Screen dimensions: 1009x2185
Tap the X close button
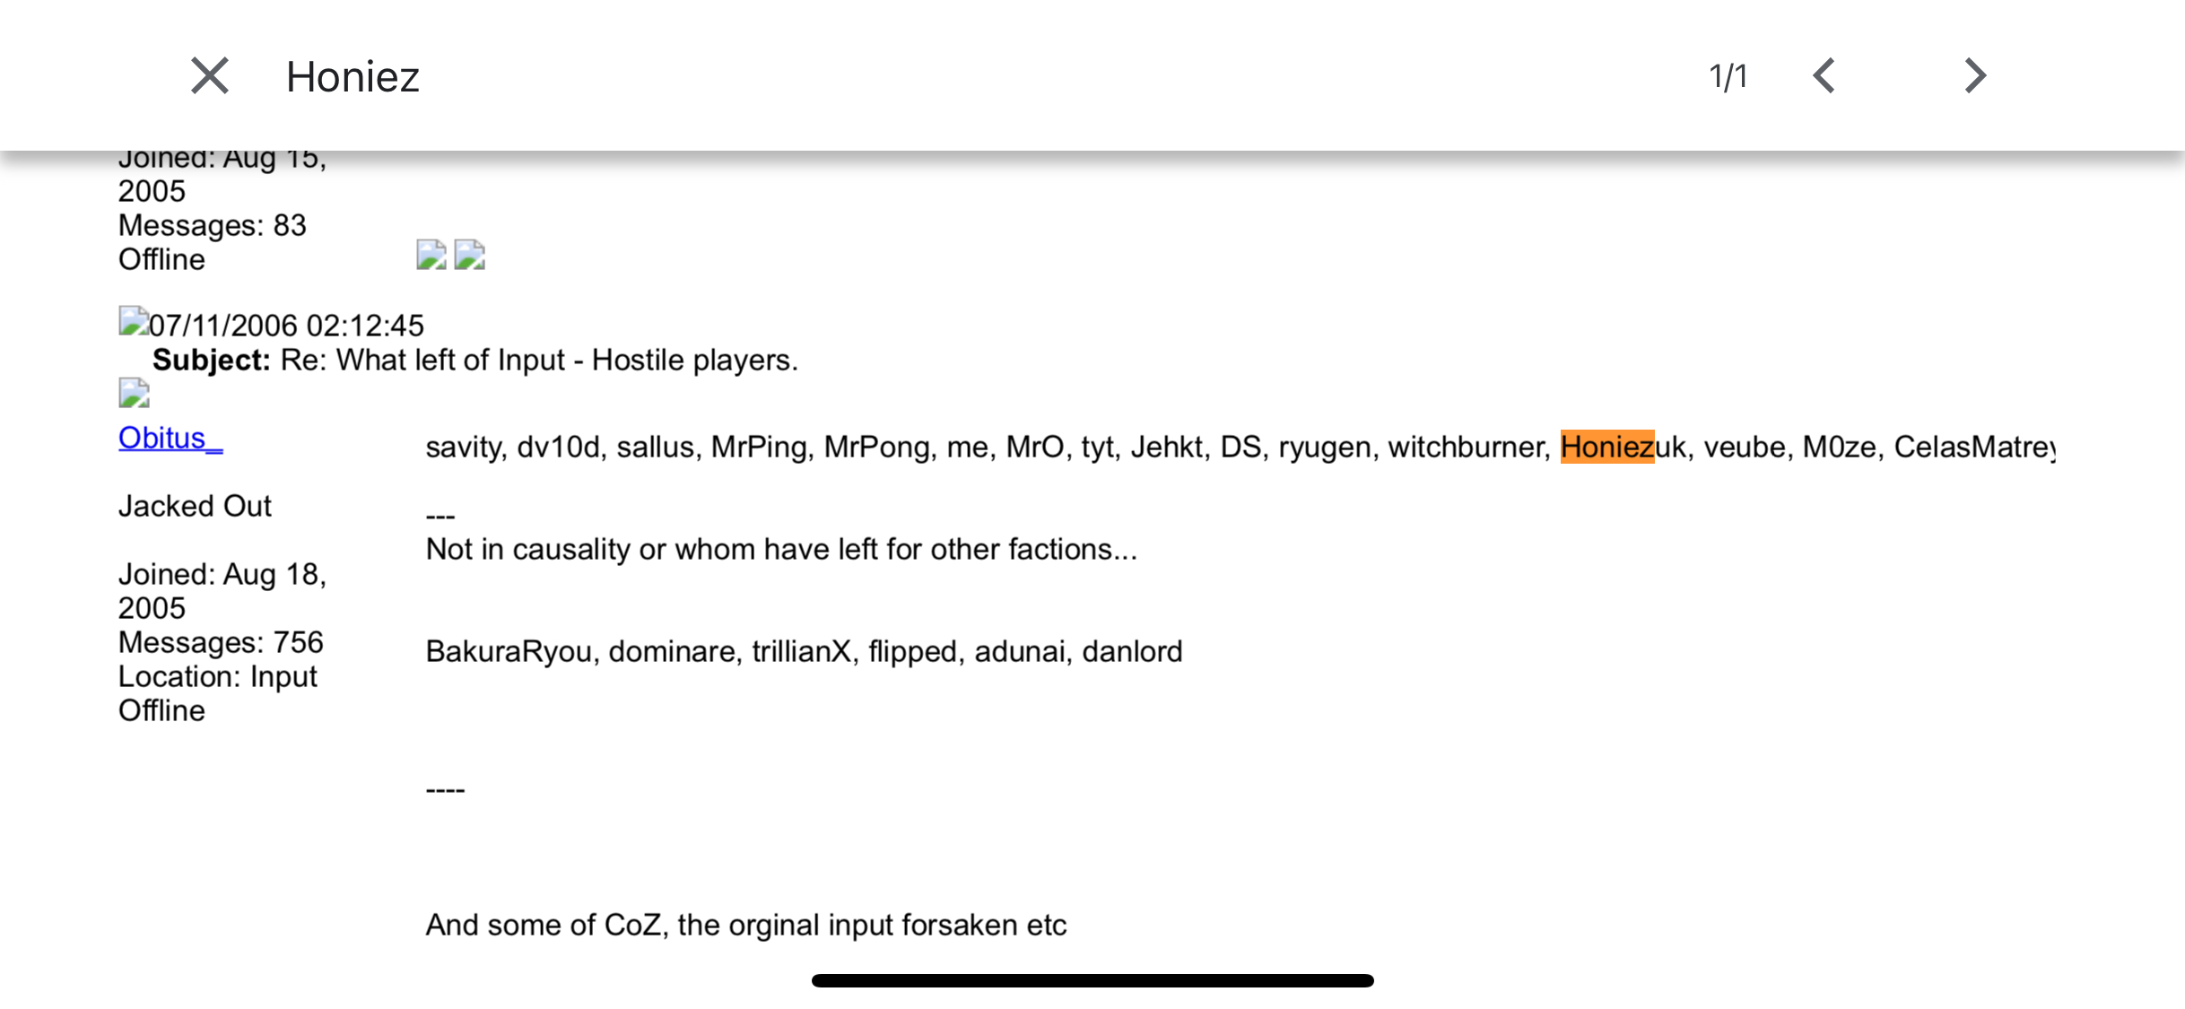point(210,76)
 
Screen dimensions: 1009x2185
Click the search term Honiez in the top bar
point(353,77)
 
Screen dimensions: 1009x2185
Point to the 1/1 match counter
point(1728,77)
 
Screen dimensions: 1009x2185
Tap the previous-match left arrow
point(1824,76)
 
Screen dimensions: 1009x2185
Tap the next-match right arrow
point(1974,76)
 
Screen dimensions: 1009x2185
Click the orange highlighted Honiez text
point(1606,447)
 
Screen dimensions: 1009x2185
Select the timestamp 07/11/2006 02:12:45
point(286,326)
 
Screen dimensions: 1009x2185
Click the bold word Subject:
point(212,361)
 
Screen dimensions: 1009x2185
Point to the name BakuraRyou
point(509,651)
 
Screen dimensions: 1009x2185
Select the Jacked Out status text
point(195,507)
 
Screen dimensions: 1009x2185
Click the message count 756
point(298,643)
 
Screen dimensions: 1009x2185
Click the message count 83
point(290,226)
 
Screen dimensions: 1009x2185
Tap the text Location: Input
point(218,677)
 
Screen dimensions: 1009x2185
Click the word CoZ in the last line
point(632,925)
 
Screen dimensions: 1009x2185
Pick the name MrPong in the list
point(882,447)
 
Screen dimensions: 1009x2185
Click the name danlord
point(1132,651)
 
